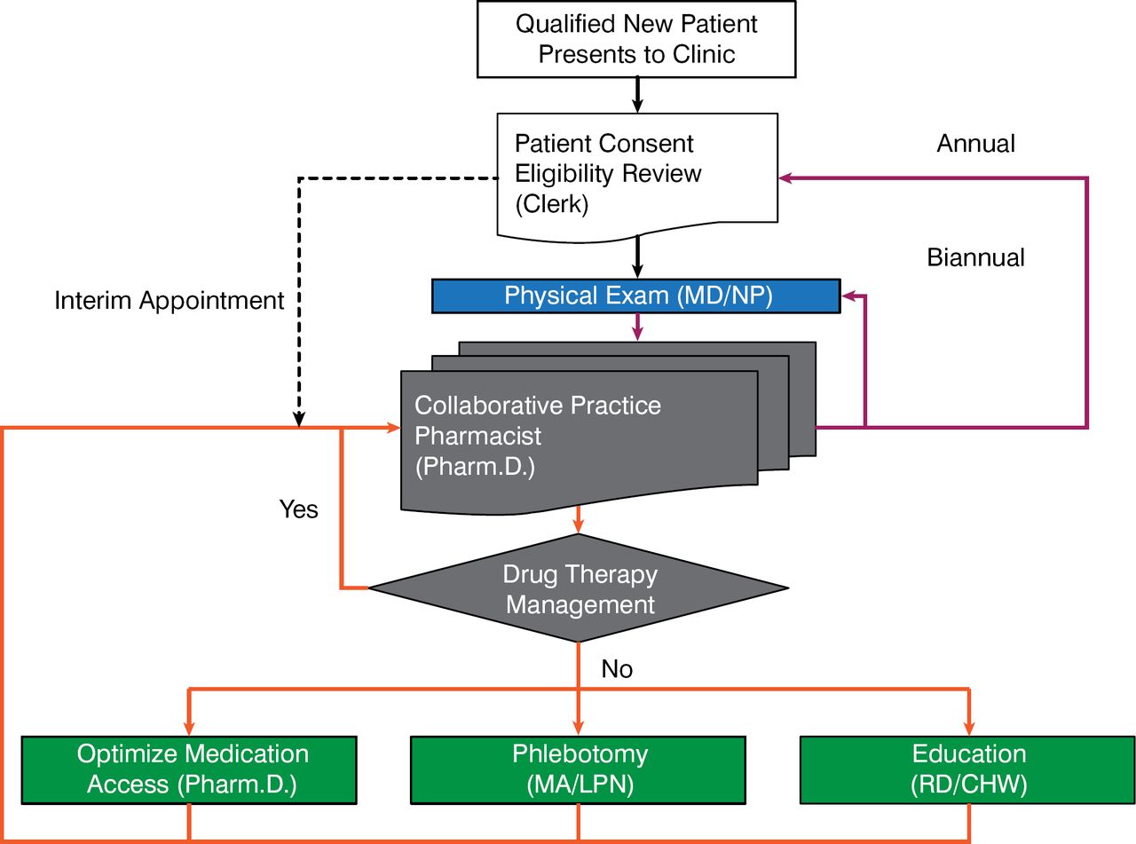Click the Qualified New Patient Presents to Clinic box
pyautogui.click(x=637, y=39)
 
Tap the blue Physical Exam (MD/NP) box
pyautogui.click(x=635, y=296)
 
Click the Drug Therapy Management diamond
pyautogui.click(x=579, y=588)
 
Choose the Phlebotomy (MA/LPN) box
pyautogui.click(x=580, y=769)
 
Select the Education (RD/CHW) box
pyautogui.click(x=968, y=769)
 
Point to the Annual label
pyautogui.click(x=975, y=143)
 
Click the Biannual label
pyautogui.click(x=975, y=257)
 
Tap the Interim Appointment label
pyautogui.click(x=170, y=300)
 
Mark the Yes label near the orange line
pyautogui.click(x=298, y=509)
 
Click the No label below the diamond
pyautogui.click(x=617, y=668)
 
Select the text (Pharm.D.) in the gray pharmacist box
pyautogui.click(x=475, y=467)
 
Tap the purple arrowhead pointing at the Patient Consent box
pyautogui.click(x=785, y=178)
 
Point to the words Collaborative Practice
pyautogui.click(x=538, y=406)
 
